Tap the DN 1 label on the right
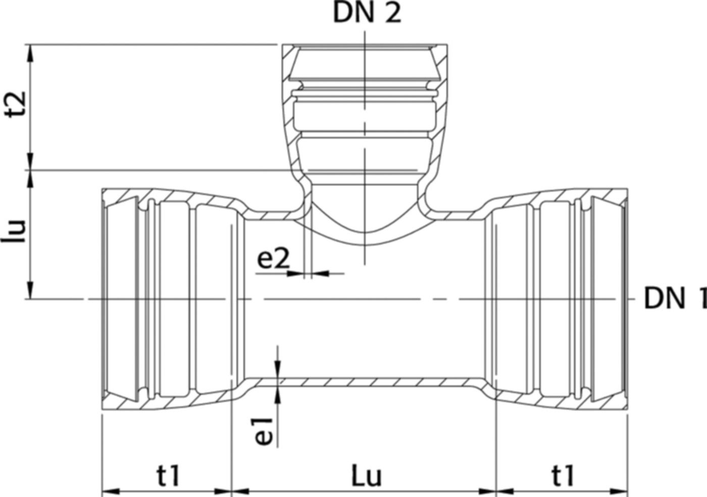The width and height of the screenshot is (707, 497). pyautogui.click(x=674, y=299)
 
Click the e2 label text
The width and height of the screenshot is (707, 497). pyautogui.click(x=274, y=259)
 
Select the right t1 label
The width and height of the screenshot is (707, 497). pyautogui.click(x=563, y=475)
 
